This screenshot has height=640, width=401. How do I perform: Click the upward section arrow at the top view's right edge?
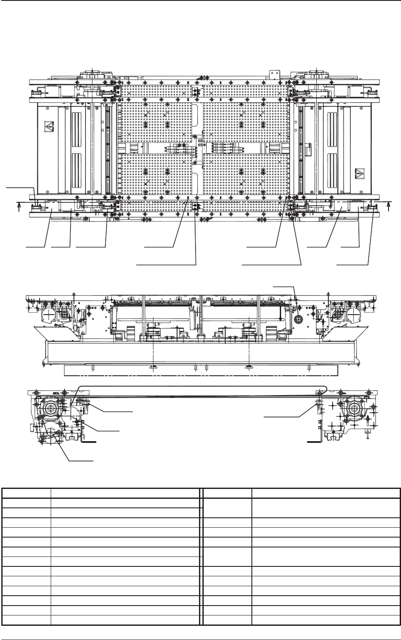coord(388,206)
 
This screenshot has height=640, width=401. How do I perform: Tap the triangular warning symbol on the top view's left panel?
coord(46,127)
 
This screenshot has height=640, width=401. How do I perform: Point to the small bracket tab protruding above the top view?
coord(271,74)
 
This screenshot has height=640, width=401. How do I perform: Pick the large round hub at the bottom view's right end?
coord(354,408)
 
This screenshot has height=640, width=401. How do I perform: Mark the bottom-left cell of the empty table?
coord(26,619)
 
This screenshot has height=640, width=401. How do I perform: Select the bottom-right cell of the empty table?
coord(326,619)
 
